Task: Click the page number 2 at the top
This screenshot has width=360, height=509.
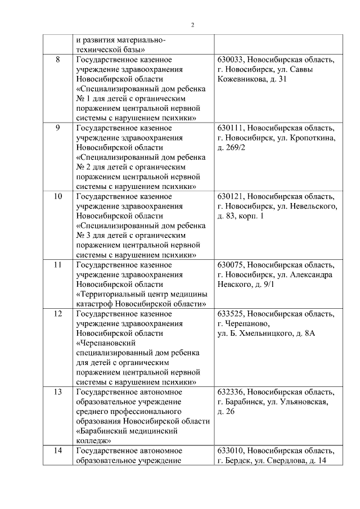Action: [192, 25]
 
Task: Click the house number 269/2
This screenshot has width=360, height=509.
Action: [235, 147]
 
